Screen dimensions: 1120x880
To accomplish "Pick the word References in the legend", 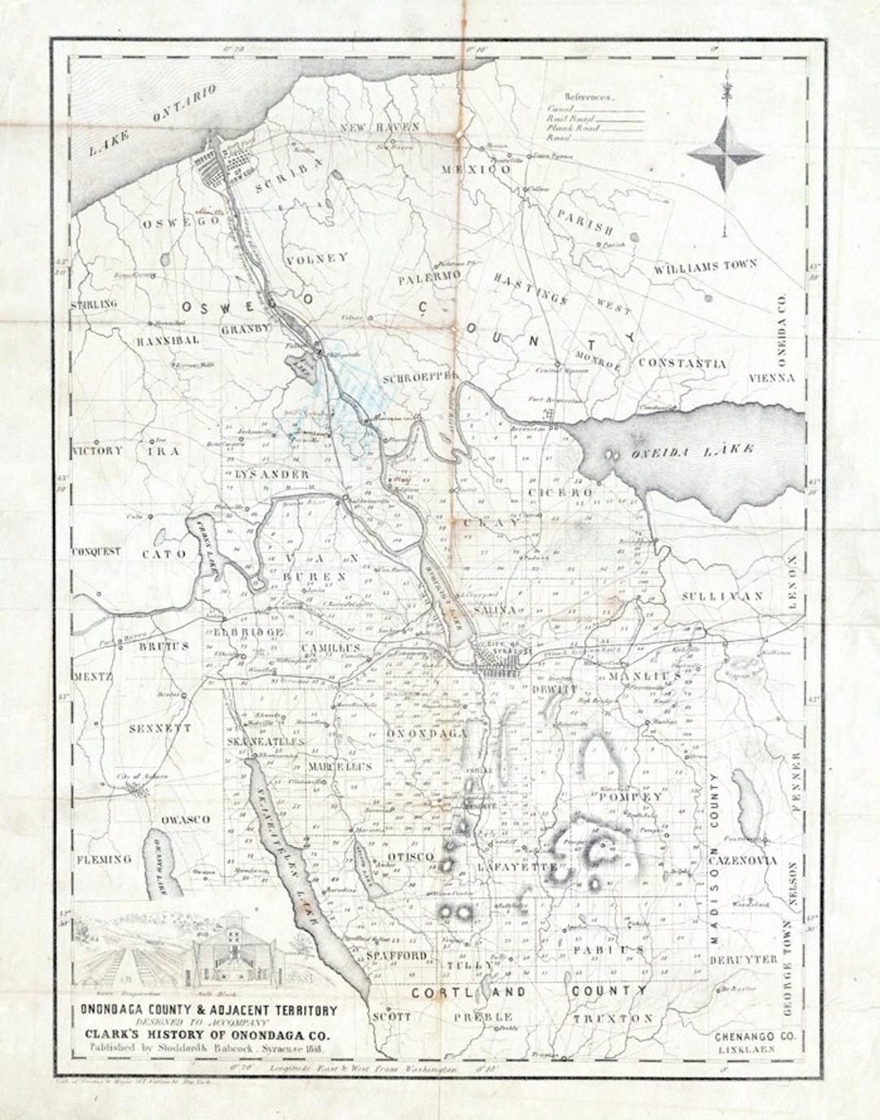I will coord(592,96).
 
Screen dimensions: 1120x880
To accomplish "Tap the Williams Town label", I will coord(706,266).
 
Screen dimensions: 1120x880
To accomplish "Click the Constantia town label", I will coord(682,363).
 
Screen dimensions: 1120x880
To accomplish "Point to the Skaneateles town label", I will coord(266,743).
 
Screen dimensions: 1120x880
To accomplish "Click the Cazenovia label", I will coord(742,860).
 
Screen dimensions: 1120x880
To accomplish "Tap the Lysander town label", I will coord(260,474).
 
